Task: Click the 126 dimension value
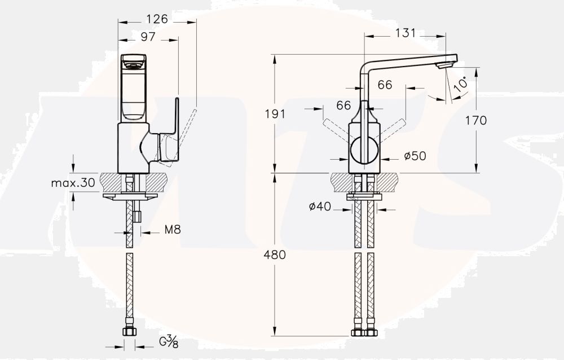pos(157,19)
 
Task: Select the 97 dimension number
pos(147,37)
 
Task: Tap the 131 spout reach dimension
pos(406,33)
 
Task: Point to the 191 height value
pos(275,114)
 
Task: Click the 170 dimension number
pos(476,120)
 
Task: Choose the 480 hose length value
pos(275,255)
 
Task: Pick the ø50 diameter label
pos(415,156)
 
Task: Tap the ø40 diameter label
pos(320,207)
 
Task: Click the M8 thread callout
pos(173,230)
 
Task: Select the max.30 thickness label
pos(73,183)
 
